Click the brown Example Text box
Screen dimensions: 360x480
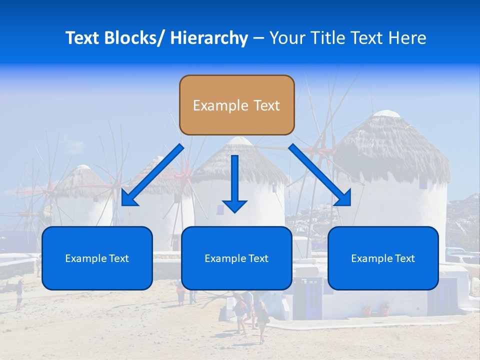[x=236, y=105]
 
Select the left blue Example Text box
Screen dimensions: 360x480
[x=97, y=258]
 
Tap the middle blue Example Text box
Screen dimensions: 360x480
[x=236, y=258]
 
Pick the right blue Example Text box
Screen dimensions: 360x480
[x=383, y=258]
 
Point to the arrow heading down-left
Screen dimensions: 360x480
[x=152, y=175]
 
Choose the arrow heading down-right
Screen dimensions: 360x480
[x=320, y=175]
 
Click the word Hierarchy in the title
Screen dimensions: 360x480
[x=209, y=38]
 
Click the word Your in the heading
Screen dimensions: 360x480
[x=285, y=38]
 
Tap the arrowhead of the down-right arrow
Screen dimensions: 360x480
[x=344, y=198]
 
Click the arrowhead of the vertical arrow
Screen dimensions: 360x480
[x=235, y=205]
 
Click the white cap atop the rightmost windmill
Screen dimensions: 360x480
[x=386, y=114]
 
